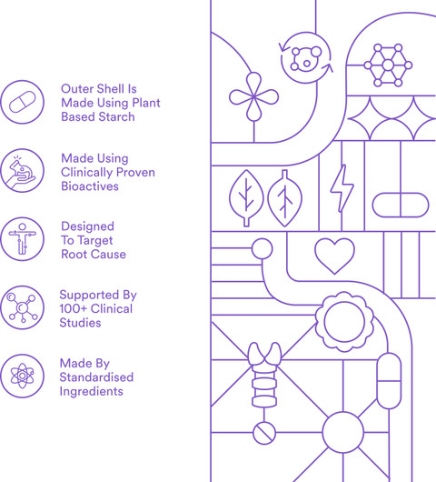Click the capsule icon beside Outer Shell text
(x=22, y=102)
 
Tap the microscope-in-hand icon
(x=22, y=171)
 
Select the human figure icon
(x=22, y=239)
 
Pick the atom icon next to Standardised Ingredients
(x=22, y=376)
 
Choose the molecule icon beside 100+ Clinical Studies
(x=22, y=307)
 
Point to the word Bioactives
(x=90, y=186)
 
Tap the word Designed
(x=87, y=226)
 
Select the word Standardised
(x=96, y=377)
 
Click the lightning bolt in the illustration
(x=342, y=188)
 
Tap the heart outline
(x=334, y=256)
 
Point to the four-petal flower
(x=254, y=96)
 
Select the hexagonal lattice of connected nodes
(x=388, y=65)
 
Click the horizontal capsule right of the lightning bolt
(x=401, y=205)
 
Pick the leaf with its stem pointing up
(x=285, y=198)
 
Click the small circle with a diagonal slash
(x=264, y=433)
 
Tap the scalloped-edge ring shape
(x=344, y=322)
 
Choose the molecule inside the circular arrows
(x=306, y=58)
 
